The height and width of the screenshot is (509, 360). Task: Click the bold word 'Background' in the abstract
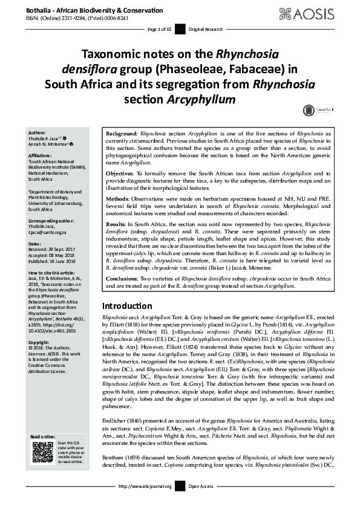click(x=121, y=132)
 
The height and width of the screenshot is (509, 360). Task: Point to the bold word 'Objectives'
click(x=119, y=172)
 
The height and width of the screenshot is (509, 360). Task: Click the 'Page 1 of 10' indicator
click(x=159, y=29)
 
